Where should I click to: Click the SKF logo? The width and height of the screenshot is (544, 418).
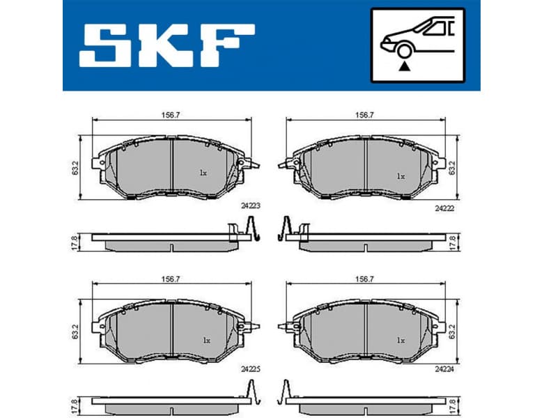(x=168, y=45)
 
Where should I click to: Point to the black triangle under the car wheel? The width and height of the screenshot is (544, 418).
(x=403, y=67)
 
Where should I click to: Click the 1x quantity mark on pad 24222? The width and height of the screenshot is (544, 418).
(x=400, y=176)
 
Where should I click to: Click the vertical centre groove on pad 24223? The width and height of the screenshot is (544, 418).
(x=171, y=167)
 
